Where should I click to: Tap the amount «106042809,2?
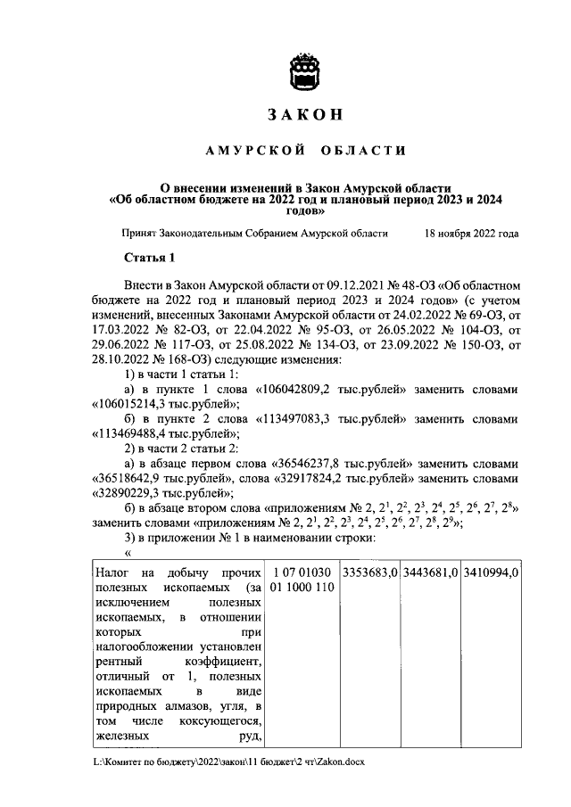coord(302,391)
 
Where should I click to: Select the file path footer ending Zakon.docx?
coord(228,763)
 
